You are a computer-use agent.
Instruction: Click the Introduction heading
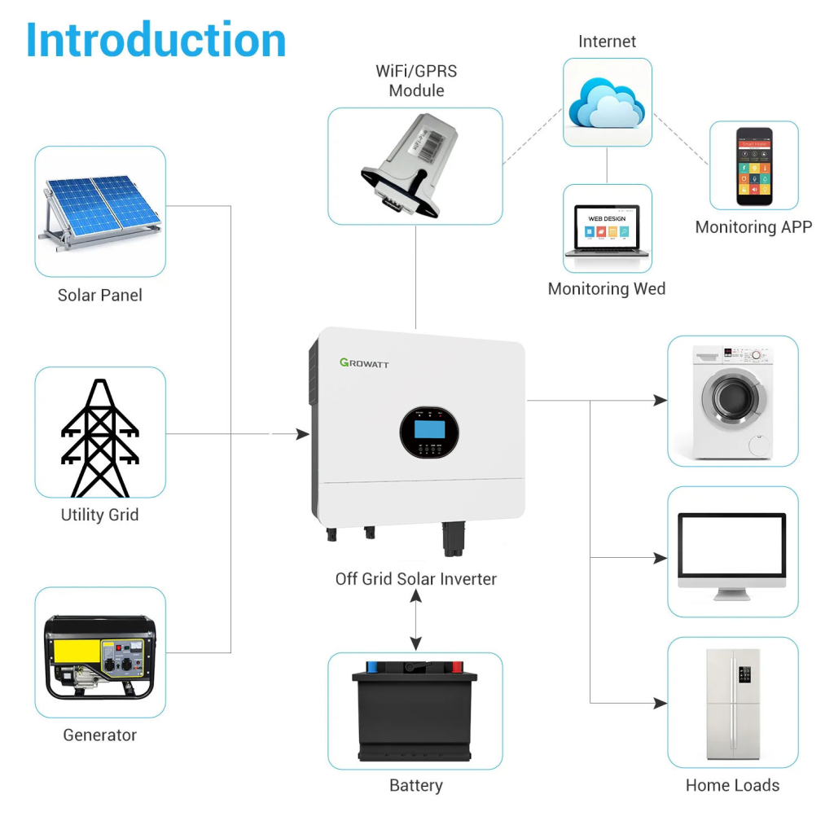(x=156, y=39)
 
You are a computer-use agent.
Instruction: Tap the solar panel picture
(x=99, y=209)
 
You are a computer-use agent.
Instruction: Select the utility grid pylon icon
(x=99, y=437)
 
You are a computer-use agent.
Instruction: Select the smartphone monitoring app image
(x=753, y=166)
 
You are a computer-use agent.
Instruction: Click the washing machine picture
(x=732, y=401)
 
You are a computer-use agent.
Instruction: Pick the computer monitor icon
(x=732, y=554)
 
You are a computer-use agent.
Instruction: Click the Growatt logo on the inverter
(x=364, y=362)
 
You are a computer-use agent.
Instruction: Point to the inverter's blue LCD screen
(x=428, y=426)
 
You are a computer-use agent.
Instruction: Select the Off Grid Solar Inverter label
(x=415, y=579)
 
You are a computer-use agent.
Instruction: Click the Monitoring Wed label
(x=606, y=289)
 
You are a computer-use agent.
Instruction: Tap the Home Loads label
(x=732, y=786)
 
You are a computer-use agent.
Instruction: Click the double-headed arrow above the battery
(x=416, y=620)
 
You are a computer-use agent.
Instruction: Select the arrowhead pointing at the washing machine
(x=661, y=400)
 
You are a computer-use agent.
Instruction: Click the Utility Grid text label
(x=99, y=515)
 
